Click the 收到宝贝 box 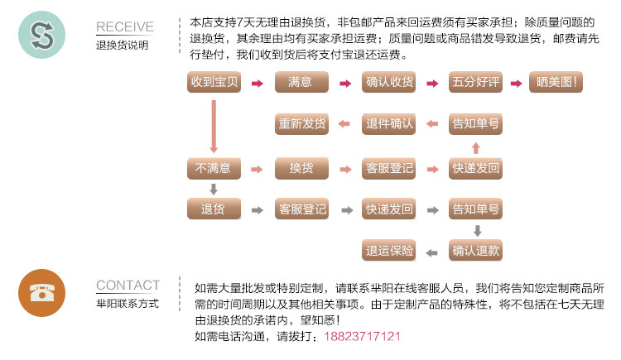tap(214, 83)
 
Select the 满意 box tap(301, 83)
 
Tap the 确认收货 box tap(389, 83)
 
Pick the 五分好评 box tap(475, 83)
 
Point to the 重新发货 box tap(301, 124)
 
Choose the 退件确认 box tap(389, 124)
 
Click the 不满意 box tap(214, 168)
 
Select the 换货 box tap(301, 168)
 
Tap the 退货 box tap(214, 209)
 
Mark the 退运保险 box tap(389, 250)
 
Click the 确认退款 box tap(476, 250)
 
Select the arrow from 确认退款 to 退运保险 tap(432, 251)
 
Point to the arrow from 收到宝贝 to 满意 tap(258, 84)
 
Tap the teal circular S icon tap(41, 35)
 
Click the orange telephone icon tap(41, 293)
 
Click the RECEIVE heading tap(125, 27)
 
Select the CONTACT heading tap(128, 286)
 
